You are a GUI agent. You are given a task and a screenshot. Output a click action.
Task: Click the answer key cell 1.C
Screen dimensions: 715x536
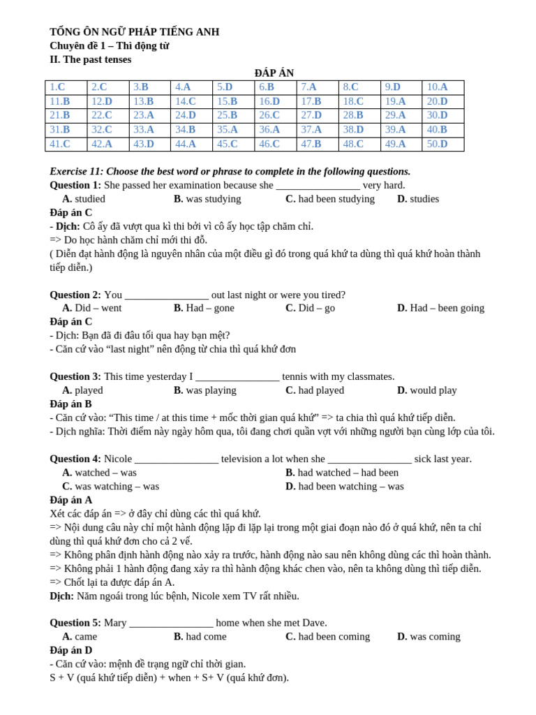pyautogui.click(x=57, y=87)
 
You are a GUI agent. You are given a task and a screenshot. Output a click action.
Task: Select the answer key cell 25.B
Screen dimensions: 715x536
pyautogui.click(x=227, y=115)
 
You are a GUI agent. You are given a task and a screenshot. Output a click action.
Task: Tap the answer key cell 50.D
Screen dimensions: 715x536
pyautogui.click(x=437, y=144)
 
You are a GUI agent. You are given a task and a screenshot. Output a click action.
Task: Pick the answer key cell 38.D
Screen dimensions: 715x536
pyautogui.click(x=353, y=129)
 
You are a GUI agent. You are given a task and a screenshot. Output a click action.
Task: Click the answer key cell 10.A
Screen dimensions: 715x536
pyautogui.click(x=437, y=87)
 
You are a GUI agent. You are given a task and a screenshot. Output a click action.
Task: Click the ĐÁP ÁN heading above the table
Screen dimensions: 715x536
pyautogui.click(x=274, y=73)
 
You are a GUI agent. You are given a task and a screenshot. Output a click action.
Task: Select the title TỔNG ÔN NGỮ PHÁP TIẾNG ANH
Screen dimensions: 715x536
pyautogui.click(x=134, y=32)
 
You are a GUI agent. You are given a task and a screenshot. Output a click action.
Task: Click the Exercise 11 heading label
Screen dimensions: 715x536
pyautogui.click(x=76, y=171)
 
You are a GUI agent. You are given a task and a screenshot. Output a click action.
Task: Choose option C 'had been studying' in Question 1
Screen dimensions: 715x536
pyautogui.click(x=330, y=198)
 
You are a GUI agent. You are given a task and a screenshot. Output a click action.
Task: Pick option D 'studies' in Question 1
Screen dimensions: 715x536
pyautogui.click(x=418, y=198)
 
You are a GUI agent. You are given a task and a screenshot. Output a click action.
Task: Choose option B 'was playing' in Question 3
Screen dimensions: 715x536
pyautogui.click(x=205, y=390)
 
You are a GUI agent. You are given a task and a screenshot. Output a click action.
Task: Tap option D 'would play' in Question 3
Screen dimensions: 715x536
pyautogui.click(x=427, y=390)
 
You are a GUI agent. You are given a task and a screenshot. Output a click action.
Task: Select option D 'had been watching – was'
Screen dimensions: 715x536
pyautogui.click(x=345, y=486)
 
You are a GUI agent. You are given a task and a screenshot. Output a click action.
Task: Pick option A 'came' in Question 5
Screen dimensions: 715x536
pyautogui.click(x=80, y=637)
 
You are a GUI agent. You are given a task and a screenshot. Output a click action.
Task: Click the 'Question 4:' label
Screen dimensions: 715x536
pyautogui.click(x=75, y=459)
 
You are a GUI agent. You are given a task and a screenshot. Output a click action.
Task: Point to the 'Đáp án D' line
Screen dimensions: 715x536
pyautogui.click(x=70, y=650)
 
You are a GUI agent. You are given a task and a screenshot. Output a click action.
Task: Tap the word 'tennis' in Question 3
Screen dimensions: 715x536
pyautogui.click(x=296, y=376)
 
